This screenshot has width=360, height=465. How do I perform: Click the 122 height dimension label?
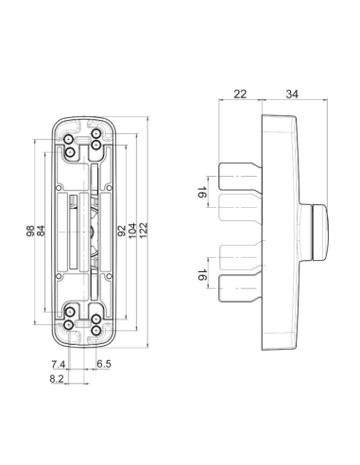pos(144,231)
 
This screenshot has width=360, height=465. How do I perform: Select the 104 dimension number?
pos(132,231)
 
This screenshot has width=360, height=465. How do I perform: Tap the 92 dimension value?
pos(122,231)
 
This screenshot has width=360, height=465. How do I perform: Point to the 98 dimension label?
pos(30,231)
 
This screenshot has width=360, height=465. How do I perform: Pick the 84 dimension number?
pos(41,231)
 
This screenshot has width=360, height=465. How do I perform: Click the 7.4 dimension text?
pos(59,365)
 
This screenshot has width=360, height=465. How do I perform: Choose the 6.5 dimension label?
pos(104,364)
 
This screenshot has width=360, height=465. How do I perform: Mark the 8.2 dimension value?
pos(57,379)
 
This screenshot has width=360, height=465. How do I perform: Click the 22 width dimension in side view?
pos(240,94)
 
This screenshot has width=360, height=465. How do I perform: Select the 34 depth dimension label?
pos(292,94)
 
